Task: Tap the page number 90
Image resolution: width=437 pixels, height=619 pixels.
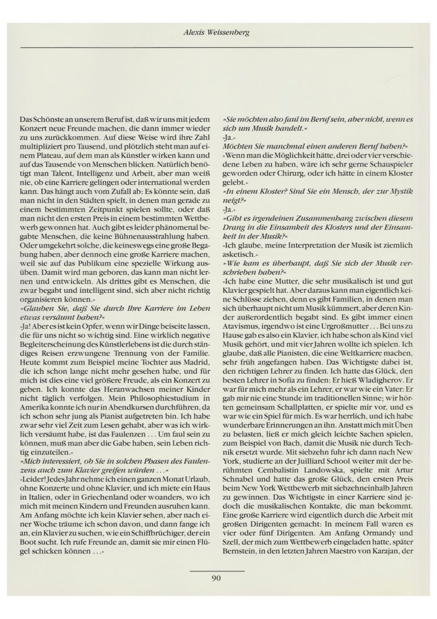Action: point(216,579)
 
